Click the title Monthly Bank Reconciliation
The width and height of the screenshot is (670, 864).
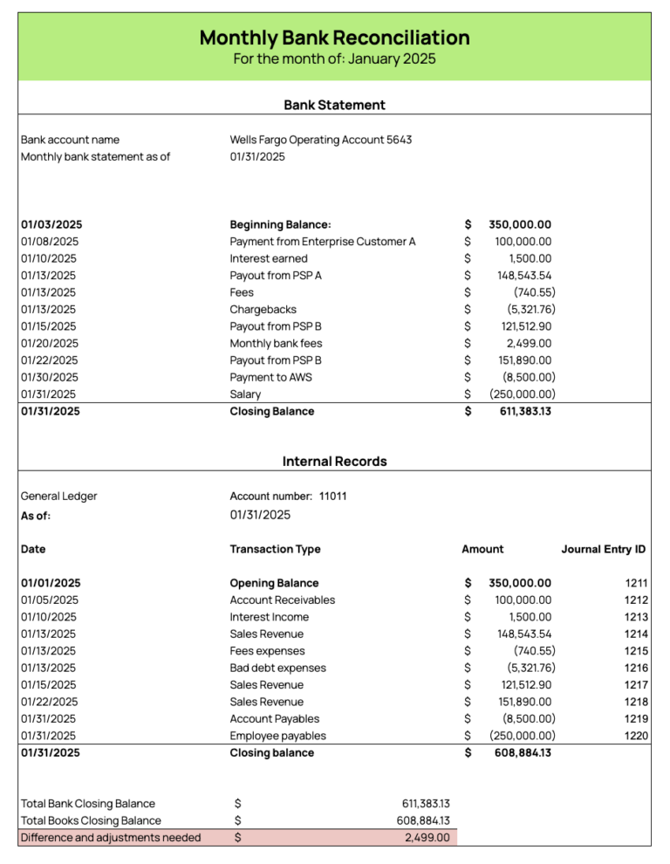point(334,38)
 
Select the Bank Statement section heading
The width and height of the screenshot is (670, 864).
point(334,105)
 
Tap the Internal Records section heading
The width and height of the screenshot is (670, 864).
point(334,461)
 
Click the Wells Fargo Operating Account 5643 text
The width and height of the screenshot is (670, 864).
point(320,140)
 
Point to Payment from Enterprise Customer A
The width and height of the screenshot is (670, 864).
point(322,242)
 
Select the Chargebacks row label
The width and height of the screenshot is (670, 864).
point(263,310)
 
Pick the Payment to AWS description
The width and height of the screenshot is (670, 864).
point(270,377)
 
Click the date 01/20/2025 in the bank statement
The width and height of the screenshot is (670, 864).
point(50,344)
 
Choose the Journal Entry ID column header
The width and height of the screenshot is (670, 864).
point(603,549)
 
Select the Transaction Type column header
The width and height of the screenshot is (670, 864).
point(275,549)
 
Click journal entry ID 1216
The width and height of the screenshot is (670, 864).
point(636,668)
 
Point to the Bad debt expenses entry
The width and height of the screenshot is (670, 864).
point(277,668)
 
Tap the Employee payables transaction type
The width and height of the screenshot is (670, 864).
point(277,736)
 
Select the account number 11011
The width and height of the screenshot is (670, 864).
point(332,497)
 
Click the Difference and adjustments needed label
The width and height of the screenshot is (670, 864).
point(110,838)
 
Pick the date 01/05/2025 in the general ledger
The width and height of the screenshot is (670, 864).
point(50,600)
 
